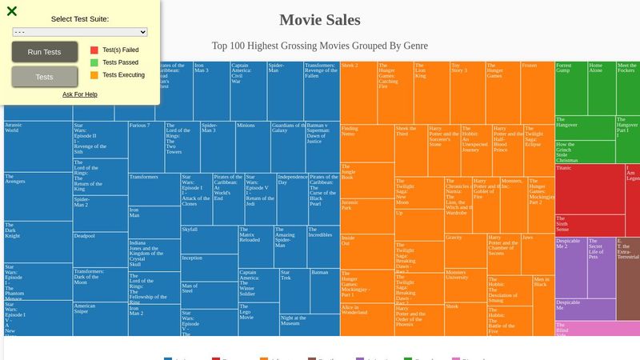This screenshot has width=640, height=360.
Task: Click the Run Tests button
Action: (x=45, y=52)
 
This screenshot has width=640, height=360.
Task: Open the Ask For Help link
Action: (x=80, y=94)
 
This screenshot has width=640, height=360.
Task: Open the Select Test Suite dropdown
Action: (x=80, y=31)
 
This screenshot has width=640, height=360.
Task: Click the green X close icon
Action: (x=12, y=11)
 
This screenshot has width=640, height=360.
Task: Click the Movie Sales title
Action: (x=319, y=20)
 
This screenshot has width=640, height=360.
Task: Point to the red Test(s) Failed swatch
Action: (x=94, y=50)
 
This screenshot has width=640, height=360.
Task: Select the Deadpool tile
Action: (x=100, y=248)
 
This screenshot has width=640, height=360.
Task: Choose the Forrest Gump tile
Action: (x=570, y=88)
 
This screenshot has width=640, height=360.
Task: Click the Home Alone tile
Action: (x=601, y=88)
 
